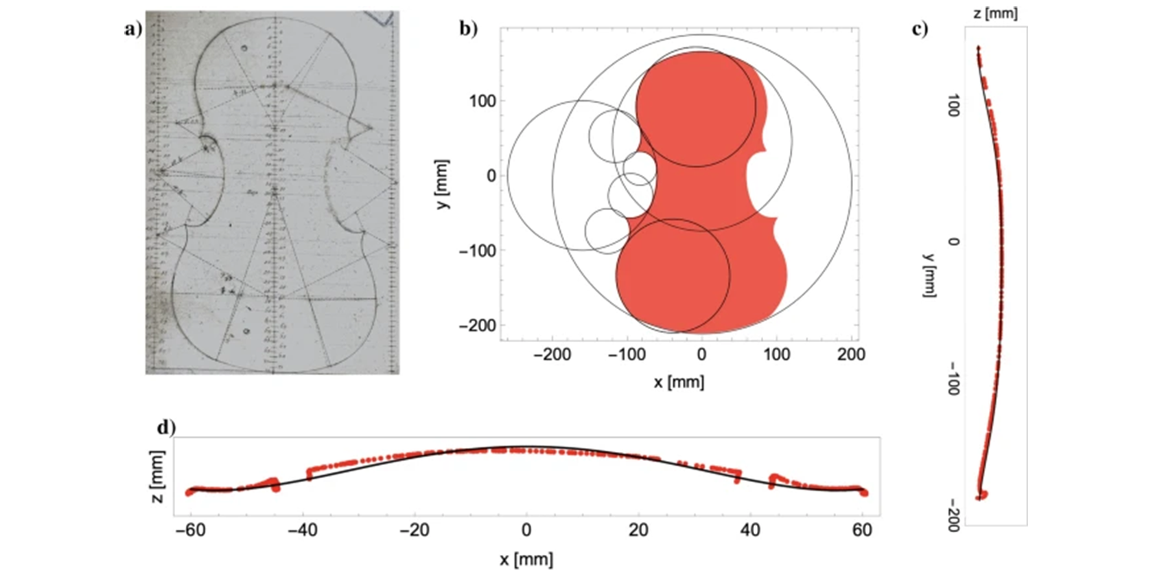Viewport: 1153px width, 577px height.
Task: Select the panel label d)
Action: [166, 427]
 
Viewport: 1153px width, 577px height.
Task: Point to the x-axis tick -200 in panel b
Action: [552, 354]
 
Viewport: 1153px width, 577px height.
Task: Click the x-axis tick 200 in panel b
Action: [851, 354]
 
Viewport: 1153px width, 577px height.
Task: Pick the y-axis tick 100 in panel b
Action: [482, 101]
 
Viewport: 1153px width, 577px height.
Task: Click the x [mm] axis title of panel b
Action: [679, 382]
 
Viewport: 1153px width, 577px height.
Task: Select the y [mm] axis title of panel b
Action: [443, 184]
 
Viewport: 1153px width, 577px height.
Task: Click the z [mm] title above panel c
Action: [995, 13]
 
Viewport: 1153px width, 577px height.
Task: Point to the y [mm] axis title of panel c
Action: [929, 275]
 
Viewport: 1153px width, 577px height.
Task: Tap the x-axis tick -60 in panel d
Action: [190, 530]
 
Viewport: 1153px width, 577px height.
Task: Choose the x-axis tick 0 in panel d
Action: [526, 530]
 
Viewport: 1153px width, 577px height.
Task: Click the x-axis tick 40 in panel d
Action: [750, 530]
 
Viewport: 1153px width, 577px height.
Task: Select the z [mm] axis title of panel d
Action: [157, 477]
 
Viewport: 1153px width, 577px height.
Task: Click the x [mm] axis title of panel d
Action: [526, 559]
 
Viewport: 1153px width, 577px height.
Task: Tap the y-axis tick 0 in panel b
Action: [491, 176]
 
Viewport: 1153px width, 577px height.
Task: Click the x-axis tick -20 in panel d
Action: [414, 530]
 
